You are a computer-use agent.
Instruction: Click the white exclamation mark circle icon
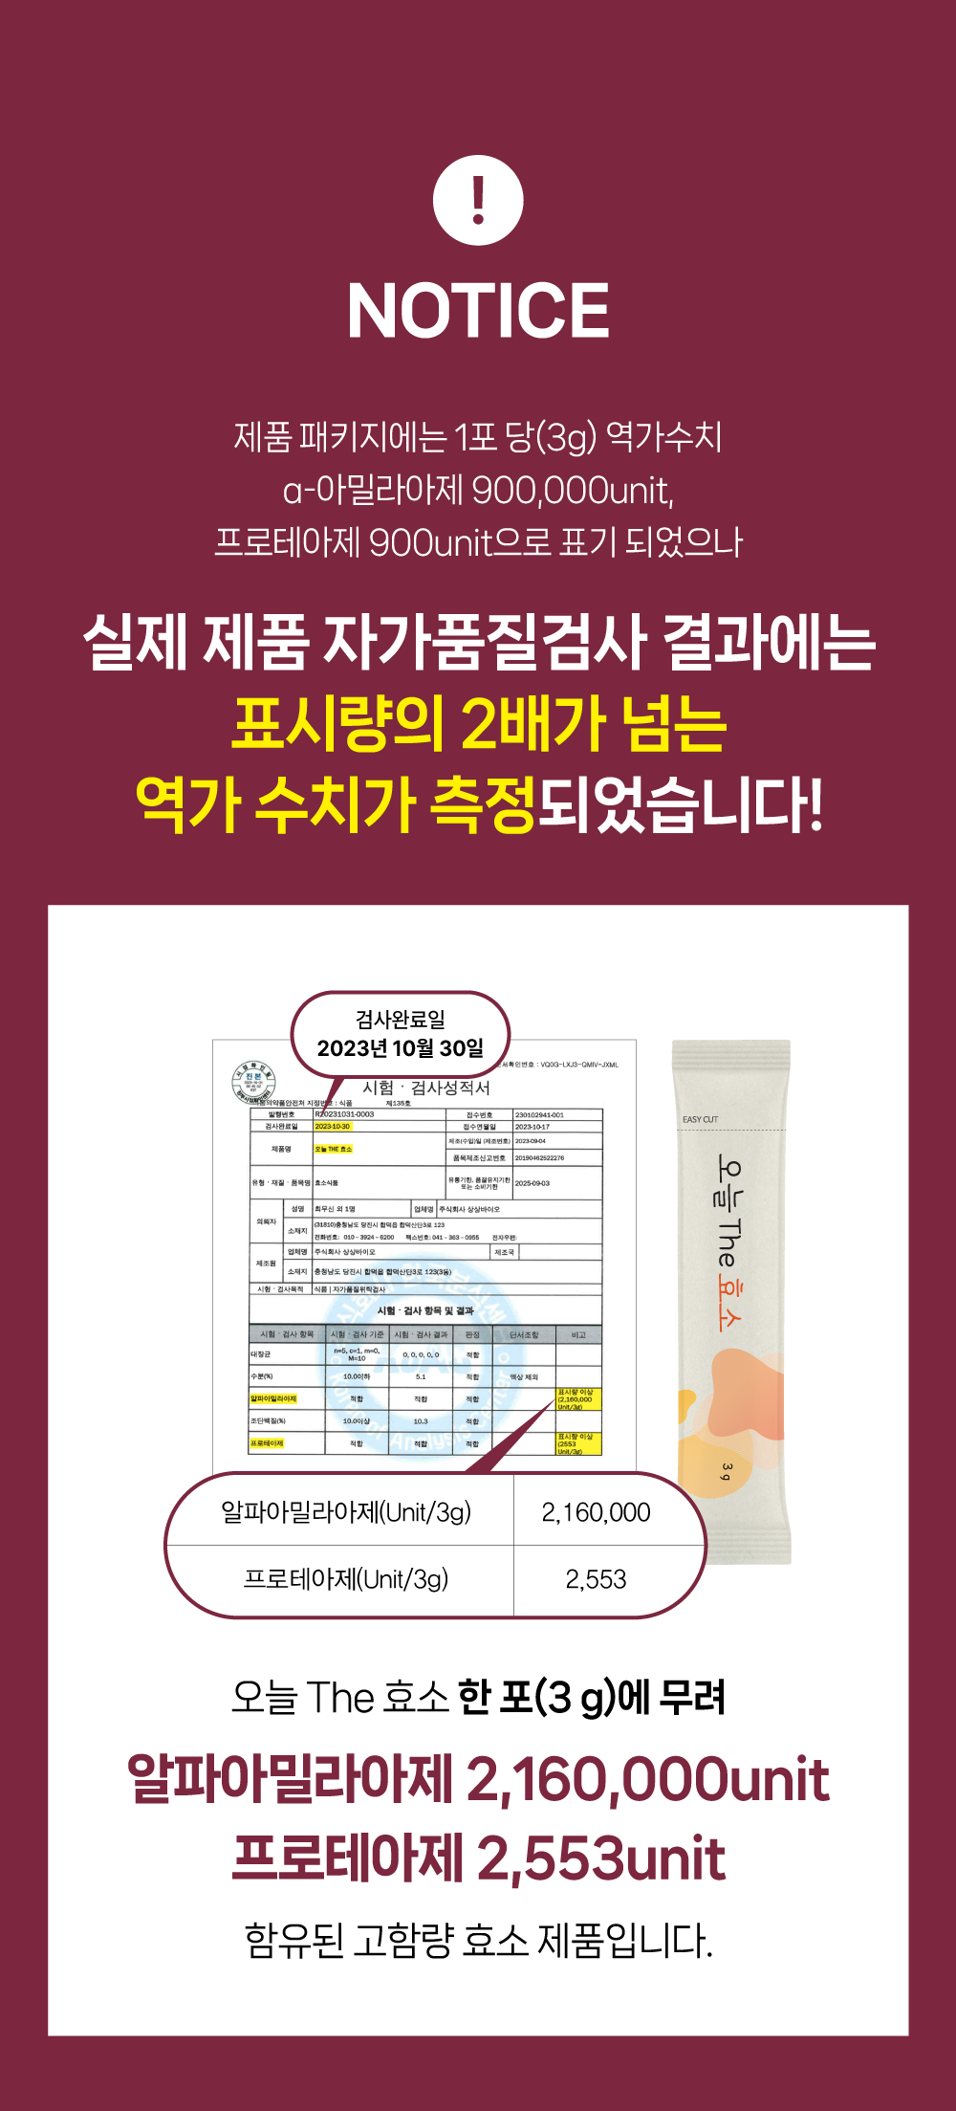[x=478, y=201]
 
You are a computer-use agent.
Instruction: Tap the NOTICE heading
[x=478, y=310]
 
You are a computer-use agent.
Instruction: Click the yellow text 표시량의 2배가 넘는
[x=478, y=723]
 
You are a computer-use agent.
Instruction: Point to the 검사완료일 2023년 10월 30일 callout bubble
[x=400, y=1034]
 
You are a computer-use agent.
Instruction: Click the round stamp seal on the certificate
[x=253, y=1083]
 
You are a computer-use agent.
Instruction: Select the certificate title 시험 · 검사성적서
[x=426, y=1088]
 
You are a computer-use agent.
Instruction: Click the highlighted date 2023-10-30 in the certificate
[x=333, y=1126]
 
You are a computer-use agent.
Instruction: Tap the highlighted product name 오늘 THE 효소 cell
[x=334, y=1149]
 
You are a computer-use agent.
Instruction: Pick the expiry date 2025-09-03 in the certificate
[x=532, y=1183]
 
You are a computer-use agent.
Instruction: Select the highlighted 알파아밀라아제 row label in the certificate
[x=273, y=1398]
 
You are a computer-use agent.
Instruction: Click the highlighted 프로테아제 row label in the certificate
[x=267, y=1443]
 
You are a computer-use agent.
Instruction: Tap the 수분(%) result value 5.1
[x=421, y=1376]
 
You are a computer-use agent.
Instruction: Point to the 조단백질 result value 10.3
[x=421, y=1421]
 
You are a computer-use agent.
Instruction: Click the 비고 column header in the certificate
[x=578, y=1334]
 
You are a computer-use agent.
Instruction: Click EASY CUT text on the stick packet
[x=700, y=1119]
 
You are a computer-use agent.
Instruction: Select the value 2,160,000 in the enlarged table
[x=596, y=1512]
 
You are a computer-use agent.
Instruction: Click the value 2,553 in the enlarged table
[x=596, y=1579]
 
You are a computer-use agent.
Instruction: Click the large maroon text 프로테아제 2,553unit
[x=478, y=1858]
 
